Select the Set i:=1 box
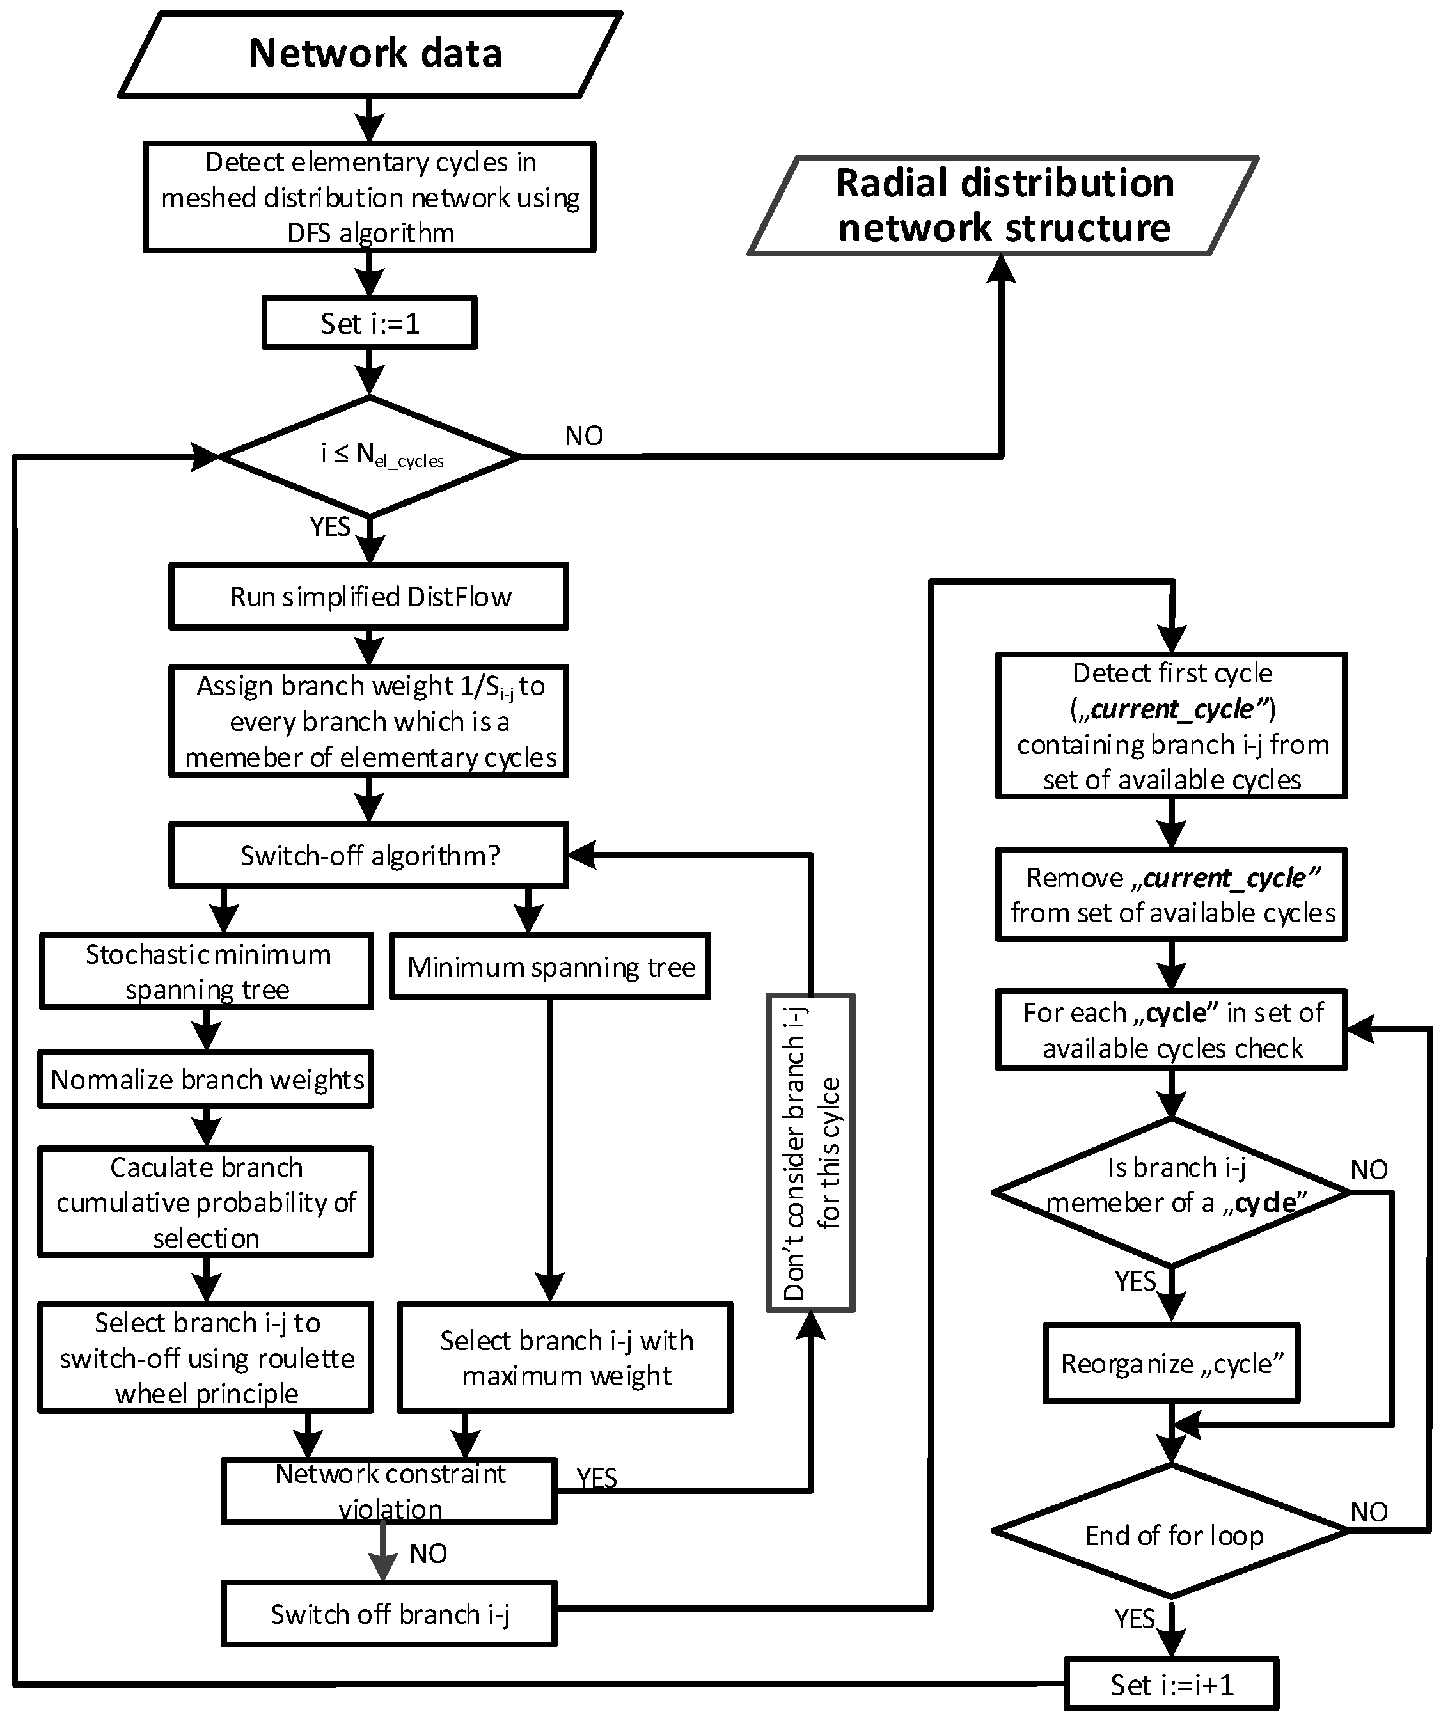click(369, 323)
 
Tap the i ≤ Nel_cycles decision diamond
click(370, 457)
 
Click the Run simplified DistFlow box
click(369, 597)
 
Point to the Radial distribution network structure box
click(1004, 206)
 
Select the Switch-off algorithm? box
click(369, 856)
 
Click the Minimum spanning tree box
click(550, 967)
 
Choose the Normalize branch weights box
click(206, 1080)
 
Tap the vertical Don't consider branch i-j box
click(810, 1152)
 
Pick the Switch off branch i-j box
click(390, 1614)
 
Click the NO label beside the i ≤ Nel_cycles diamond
click(583, 436)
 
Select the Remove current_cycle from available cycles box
click(1171, 895)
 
